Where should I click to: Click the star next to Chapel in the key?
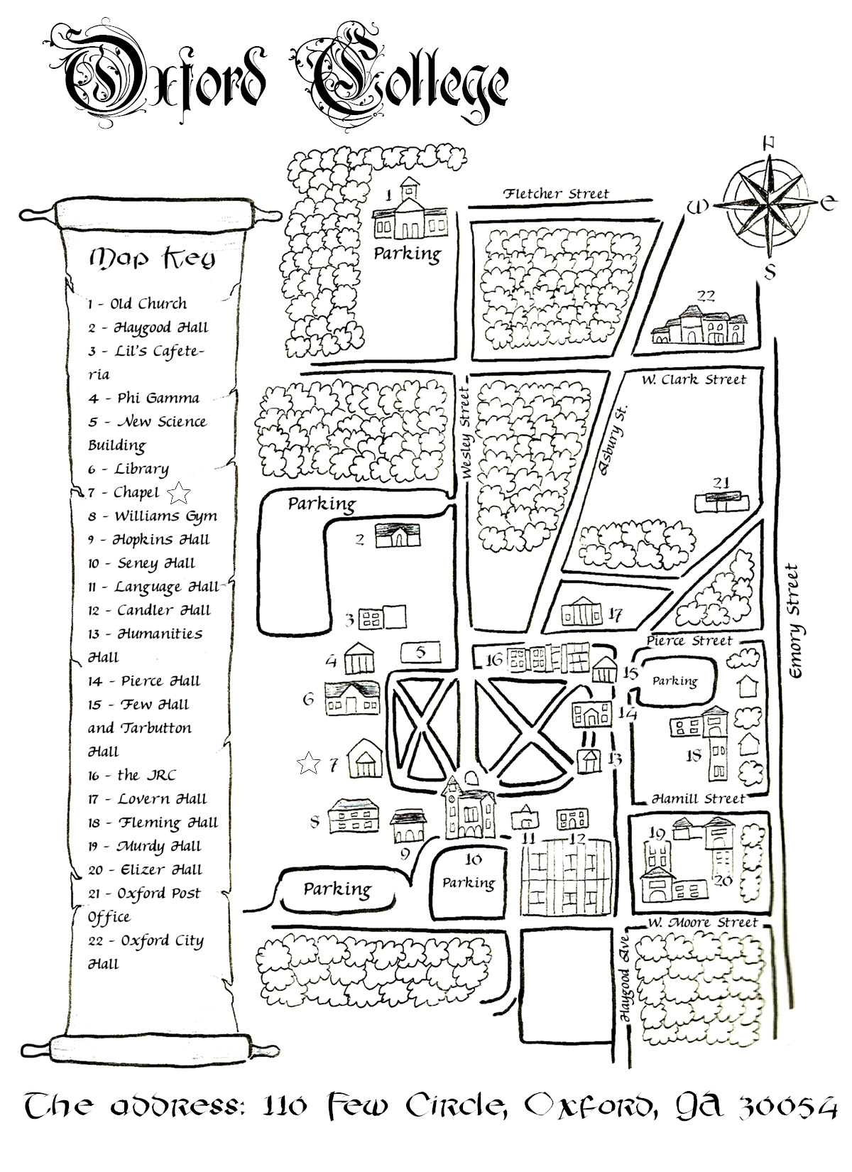point(180,492)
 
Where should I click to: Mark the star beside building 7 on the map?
point(307,764)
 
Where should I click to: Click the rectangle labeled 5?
point(421,651)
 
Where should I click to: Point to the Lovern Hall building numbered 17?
point(581,613)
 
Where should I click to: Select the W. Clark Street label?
point(694,380)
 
